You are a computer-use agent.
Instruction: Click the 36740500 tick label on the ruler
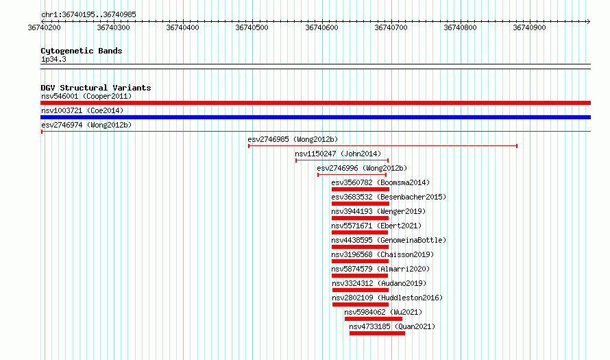point(252,27)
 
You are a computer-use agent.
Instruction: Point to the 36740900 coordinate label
point(530,27)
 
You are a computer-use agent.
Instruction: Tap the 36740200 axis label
point(45,27)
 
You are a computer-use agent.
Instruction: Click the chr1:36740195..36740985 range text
point(88,15)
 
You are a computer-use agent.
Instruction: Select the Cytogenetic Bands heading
point(82,51)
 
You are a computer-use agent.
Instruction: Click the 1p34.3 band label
point(53,59)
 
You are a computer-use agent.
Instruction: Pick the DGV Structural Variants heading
point(96,88)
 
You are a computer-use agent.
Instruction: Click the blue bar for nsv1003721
point(315,117)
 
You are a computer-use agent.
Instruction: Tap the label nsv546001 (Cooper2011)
point(86,96)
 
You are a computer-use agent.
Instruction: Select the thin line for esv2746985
point(383,146)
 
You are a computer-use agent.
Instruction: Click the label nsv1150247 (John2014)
point(338,154)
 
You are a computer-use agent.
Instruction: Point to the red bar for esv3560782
point(361,189)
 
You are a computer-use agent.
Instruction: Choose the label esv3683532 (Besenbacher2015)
point(389,197)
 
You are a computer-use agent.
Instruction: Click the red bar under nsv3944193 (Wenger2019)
point(360,218)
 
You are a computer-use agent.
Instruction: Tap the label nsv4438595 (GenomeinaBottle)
point(389,240)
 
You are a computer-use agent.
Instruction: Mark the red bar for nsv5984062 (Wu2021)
point(374,319)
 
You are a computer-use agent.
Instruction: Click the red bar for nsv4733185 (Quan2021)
point(378,333)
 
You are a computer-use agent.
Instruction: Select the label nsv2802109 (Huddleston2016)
point(387,298)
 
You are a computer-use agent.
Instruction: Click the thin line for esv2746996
point(352,175)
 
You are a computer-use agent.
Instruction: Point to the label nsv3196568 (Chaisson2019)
point(382,254)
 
